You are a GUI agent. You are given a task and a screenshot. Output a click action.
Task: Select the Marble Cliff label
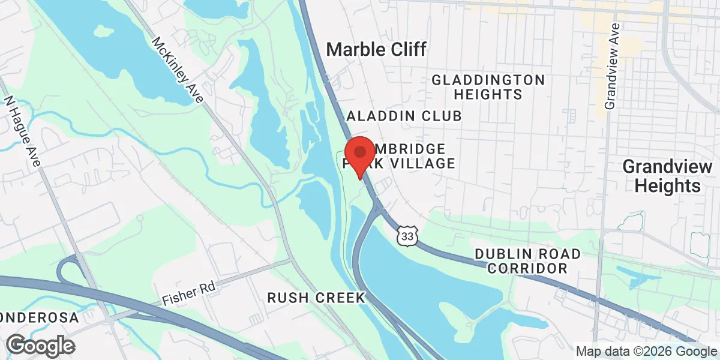[x=376, y=50]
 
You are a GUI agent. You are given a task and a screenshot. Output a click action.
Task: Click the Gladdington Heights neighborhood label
[x=488, y=87]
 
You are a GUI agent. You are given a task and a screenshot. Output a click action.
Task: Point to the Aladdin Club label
[x=404, y=116]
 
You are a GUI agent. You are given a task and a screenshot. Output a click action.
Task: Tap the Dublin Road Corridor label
[x=527, y=261]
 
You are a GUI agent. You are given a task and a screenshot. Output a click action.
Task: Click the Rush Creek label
[x=316, y=298]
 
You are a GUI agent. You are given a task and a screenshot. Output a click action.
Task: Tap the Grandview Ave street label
[x=611, y=67]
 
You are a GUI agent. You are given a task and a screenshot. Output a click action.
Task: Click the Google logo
[x=41, y=346]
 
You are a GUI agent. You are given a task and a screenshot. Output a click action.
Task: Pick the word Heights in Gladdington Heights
[x=488, y=94]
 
